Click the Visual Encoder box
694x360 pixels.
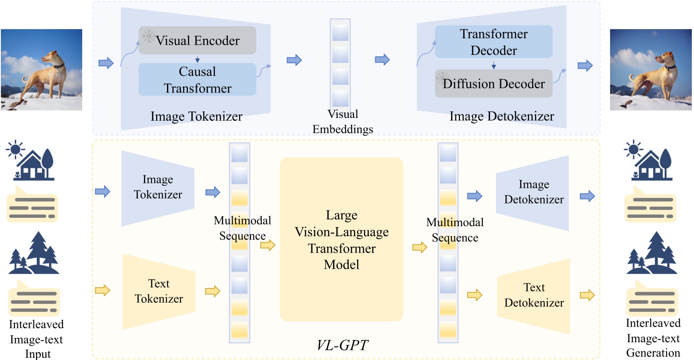click(197, 40)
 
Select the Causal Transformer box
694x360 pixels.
click(197, 80)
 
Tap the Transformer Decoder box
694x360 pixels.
click(494, 42)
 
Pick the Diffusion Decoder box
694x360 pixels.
click(494, 83)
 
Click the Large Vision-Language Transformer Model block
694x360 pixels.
click(341, 240)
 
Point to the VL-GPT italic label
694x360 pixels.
click(342, 345)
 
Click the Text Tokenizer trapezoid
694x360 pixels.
click(159, 291)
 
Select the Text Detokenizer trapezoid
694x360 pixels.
click(534, 295)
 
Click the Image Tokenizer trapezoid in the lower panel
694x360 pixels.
click(157, 187)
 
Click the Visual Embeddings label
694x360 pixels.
click(343, 122)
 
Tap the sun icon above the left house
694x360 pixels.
click(16, 150)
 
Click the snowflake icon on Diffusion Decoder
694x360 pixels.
click(442, 78)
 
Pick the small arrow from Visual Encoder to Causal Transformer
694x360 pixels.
click(197, 59)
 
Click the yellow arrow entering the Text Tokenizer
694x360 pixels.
click(103, 290)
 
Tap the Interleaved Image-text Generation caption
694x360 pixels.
click(653, 338)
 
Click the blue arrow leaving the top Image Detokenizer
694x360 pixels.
click(585, 66)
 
